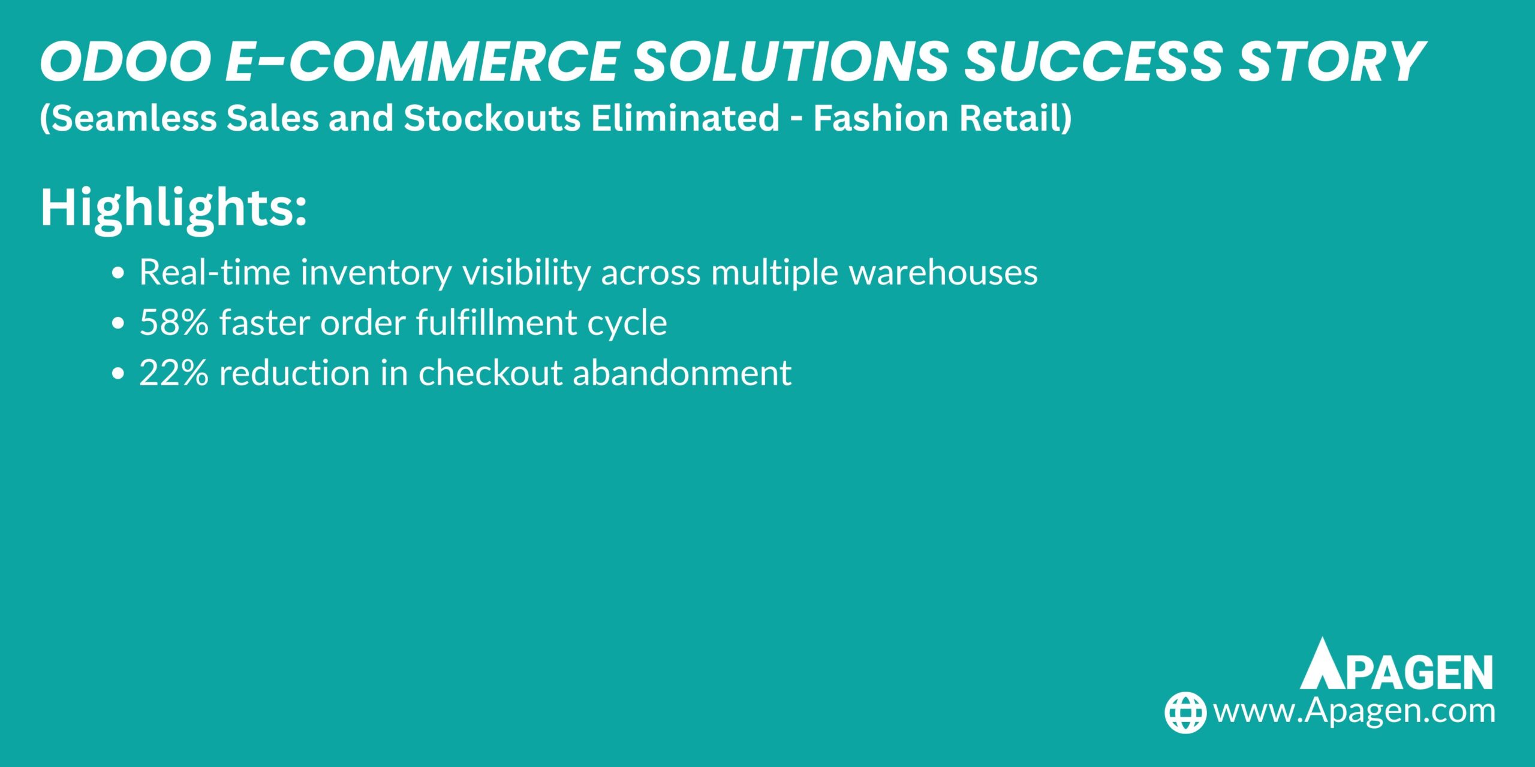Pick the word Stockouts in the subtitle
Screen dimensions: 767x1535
click(492, 117)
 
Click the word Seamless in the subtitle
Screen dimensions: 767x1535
click(129, 117)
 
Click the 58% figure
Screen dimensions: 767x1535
click(174, 322)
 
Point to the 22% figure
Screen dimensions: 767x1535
click(174, 373)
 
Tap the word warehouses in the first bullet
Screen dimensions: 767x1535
click(943, 272)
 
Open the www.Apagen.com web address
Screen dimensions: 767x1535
click(1354, 711)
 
